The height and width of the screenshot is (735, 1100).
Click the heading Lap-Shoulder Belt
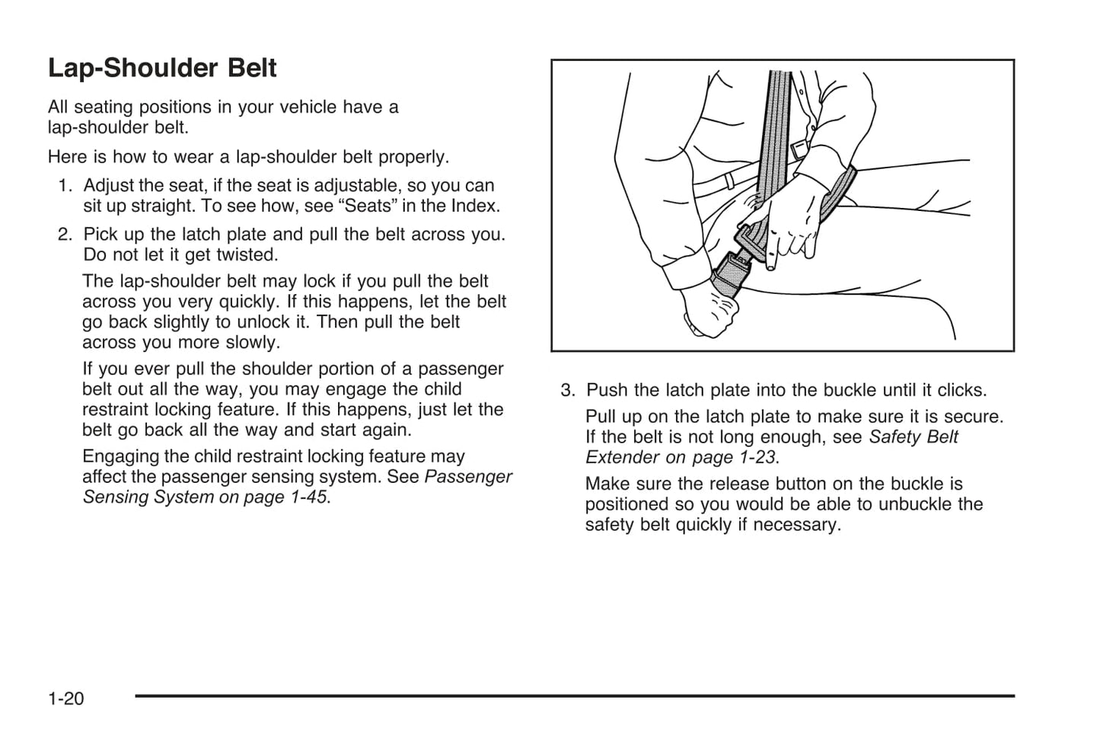tap(162, 69)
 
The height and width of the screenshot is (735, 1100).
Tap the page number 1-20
tap(65, 698)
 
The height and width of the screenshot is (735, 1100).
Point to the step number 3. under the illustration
tap(568, 391)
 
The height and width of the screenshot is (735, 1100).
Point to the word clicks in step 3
tap(961, 391)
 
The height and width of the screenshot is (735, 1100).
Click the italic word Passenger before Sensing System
tap(468, 477)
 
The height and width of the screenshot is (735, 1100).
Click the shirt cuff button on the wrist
tap(799, 149)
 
